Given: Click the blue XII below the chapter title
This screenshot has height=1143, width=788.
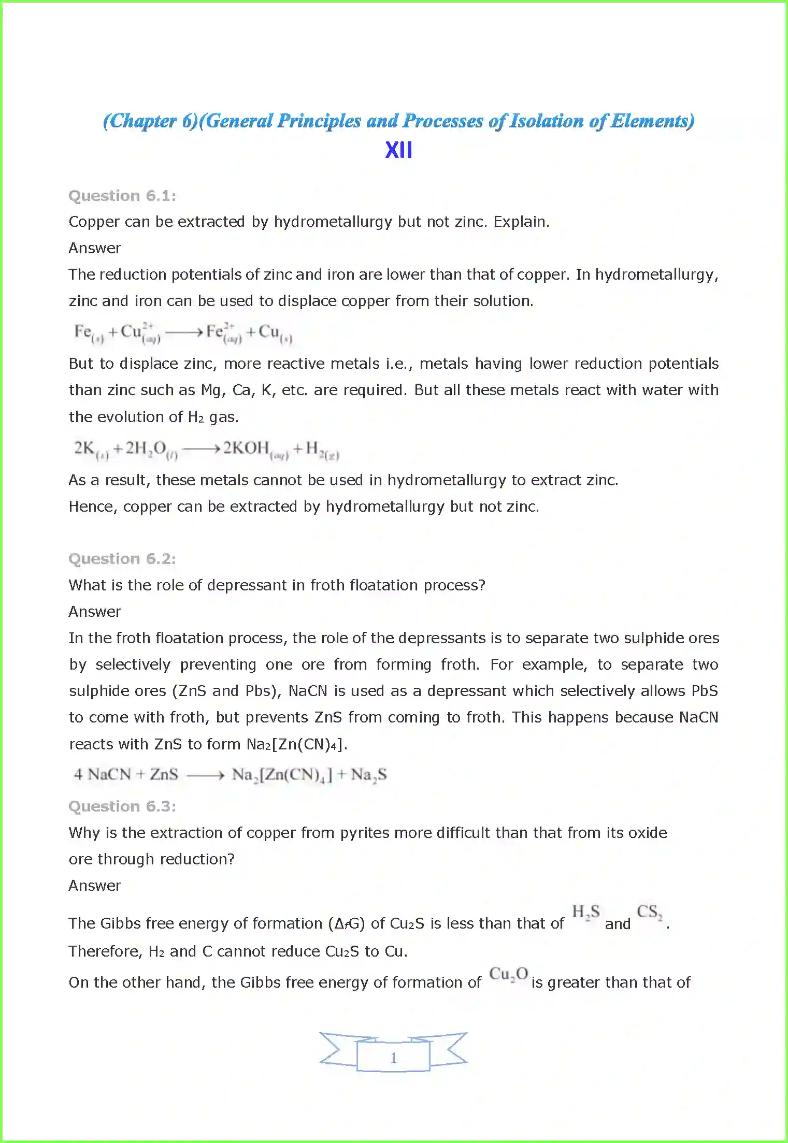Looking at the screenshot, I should [398, 150].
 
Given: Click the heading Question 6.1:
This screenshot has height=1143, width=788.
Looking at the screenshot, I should [122, 196].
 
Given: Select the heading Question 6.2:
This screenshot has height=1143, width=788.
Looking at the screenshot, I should [122, 559].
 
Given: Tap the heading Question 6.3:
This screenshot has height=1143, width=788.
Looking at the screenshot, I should [122, 806].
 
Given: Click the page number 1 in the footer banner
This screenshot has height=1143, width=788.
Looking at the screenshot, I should [394, 1058].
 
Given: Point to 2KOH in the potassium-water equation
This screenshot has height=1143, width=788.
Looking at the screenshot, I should [246, 448].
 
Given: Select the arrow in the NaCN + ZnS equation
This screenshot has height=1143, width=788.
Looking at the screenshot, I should [205, 775].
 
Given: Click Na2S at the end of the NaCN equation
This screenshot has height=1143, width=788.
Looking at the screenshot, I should [368, 775].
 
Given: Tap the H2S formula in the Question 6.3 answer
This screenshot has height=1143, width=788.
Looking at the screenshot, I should [585, 912].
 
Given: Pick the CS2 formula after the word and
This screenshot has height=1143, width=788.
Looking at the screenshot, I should [649, 912].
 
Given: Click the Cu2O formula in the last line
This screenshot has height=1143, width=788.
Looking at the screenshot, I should [508, 974].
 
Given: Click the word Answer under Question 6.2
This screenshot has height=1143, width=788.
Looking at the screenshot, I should [95, 612].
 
